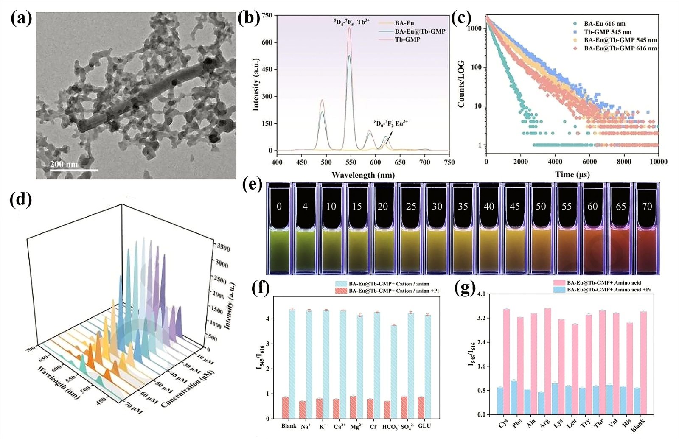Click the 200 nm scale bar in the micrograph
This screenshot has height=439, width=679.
point(74,170)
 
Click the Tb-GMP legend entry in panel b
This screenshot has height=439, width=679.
point(407,39)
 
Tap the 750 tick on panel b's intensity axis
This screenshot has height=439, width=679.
point(267,15)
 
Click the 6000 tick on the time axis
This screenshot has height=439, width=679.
point(589,162)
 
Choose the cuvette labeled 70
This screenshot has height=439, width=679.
point(647,229)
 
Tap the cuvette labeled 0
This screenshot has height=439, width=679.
point(279,229)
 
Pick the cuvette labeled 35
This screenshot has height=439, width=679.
point(463,229)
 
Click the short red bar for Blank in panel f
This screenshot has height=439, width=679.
point(285,408)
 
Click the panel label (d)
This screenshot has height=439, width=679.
point(20,201)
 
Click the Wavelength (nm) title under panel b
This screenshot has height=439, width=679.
point(363,175)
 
